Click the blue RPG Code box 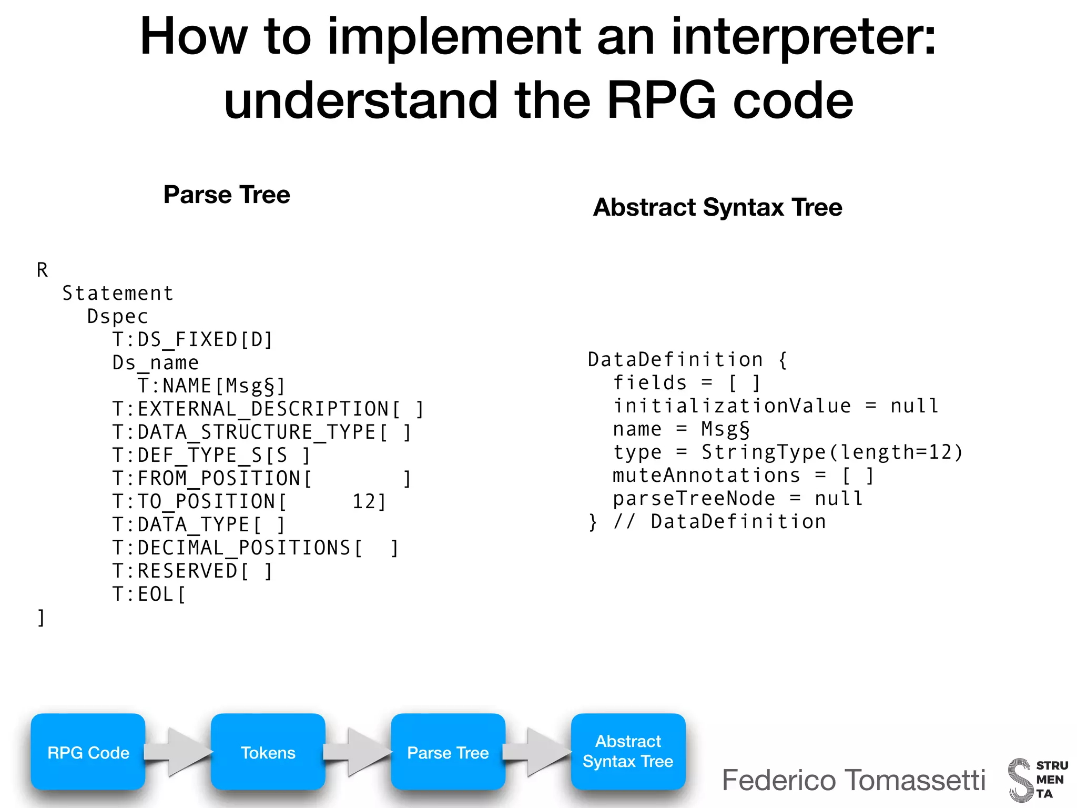[88, 752]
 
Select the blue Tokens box [268, 752]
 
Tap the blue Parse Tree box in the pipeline [448, 752]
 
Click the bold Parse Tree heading [227, 195]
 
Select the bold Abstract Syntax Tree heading [717, 207]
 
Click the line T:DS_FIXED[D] [192, 340]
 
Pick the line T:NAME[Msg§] [211, 386]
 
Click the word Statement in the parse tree [118, 294]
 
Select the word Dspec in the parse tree [118, 317]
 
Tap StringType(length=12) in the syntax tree [832, 452]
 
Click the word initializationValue [732, 406]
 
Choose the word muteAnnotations [706, 476]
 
